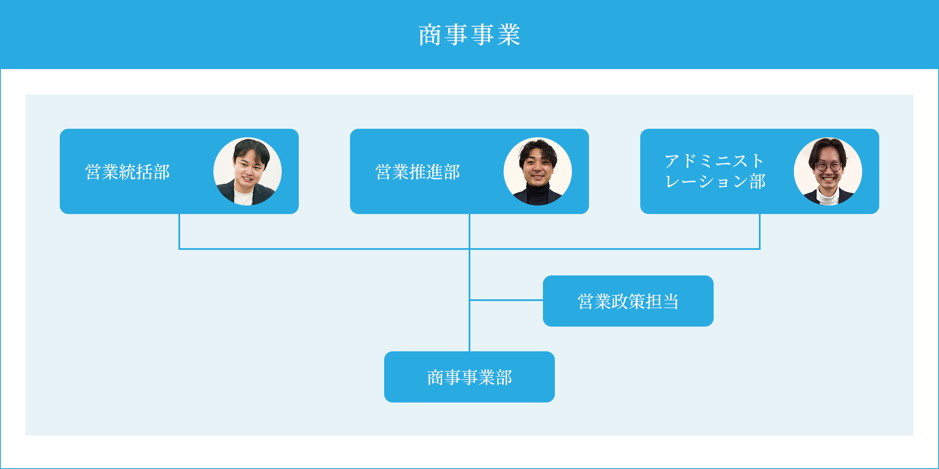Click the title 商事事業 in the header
(469, 35)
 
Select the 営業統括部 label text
(127, 172)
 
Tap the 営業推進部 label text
(417, 172)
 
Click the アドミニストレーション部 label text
(715, 171)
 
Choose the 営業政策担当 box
(628, 301)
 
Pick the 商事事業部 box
(469, 377)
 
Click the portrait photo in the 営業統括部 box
(248, 171)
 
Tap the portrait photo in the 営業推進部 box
(538, 171)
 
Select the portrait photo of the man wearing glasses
(828, 171)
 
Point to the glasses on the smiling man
(828, 166)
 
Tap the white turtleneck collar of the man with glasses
(828, 197)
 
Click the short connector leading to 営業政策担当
(506, 300)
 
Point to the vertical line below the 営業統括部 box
(179, 231)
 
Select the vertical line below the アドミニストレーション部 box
(760, 231)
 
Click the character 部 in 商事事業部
(504, 377)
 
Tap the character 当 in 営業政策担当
(671, 301)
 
